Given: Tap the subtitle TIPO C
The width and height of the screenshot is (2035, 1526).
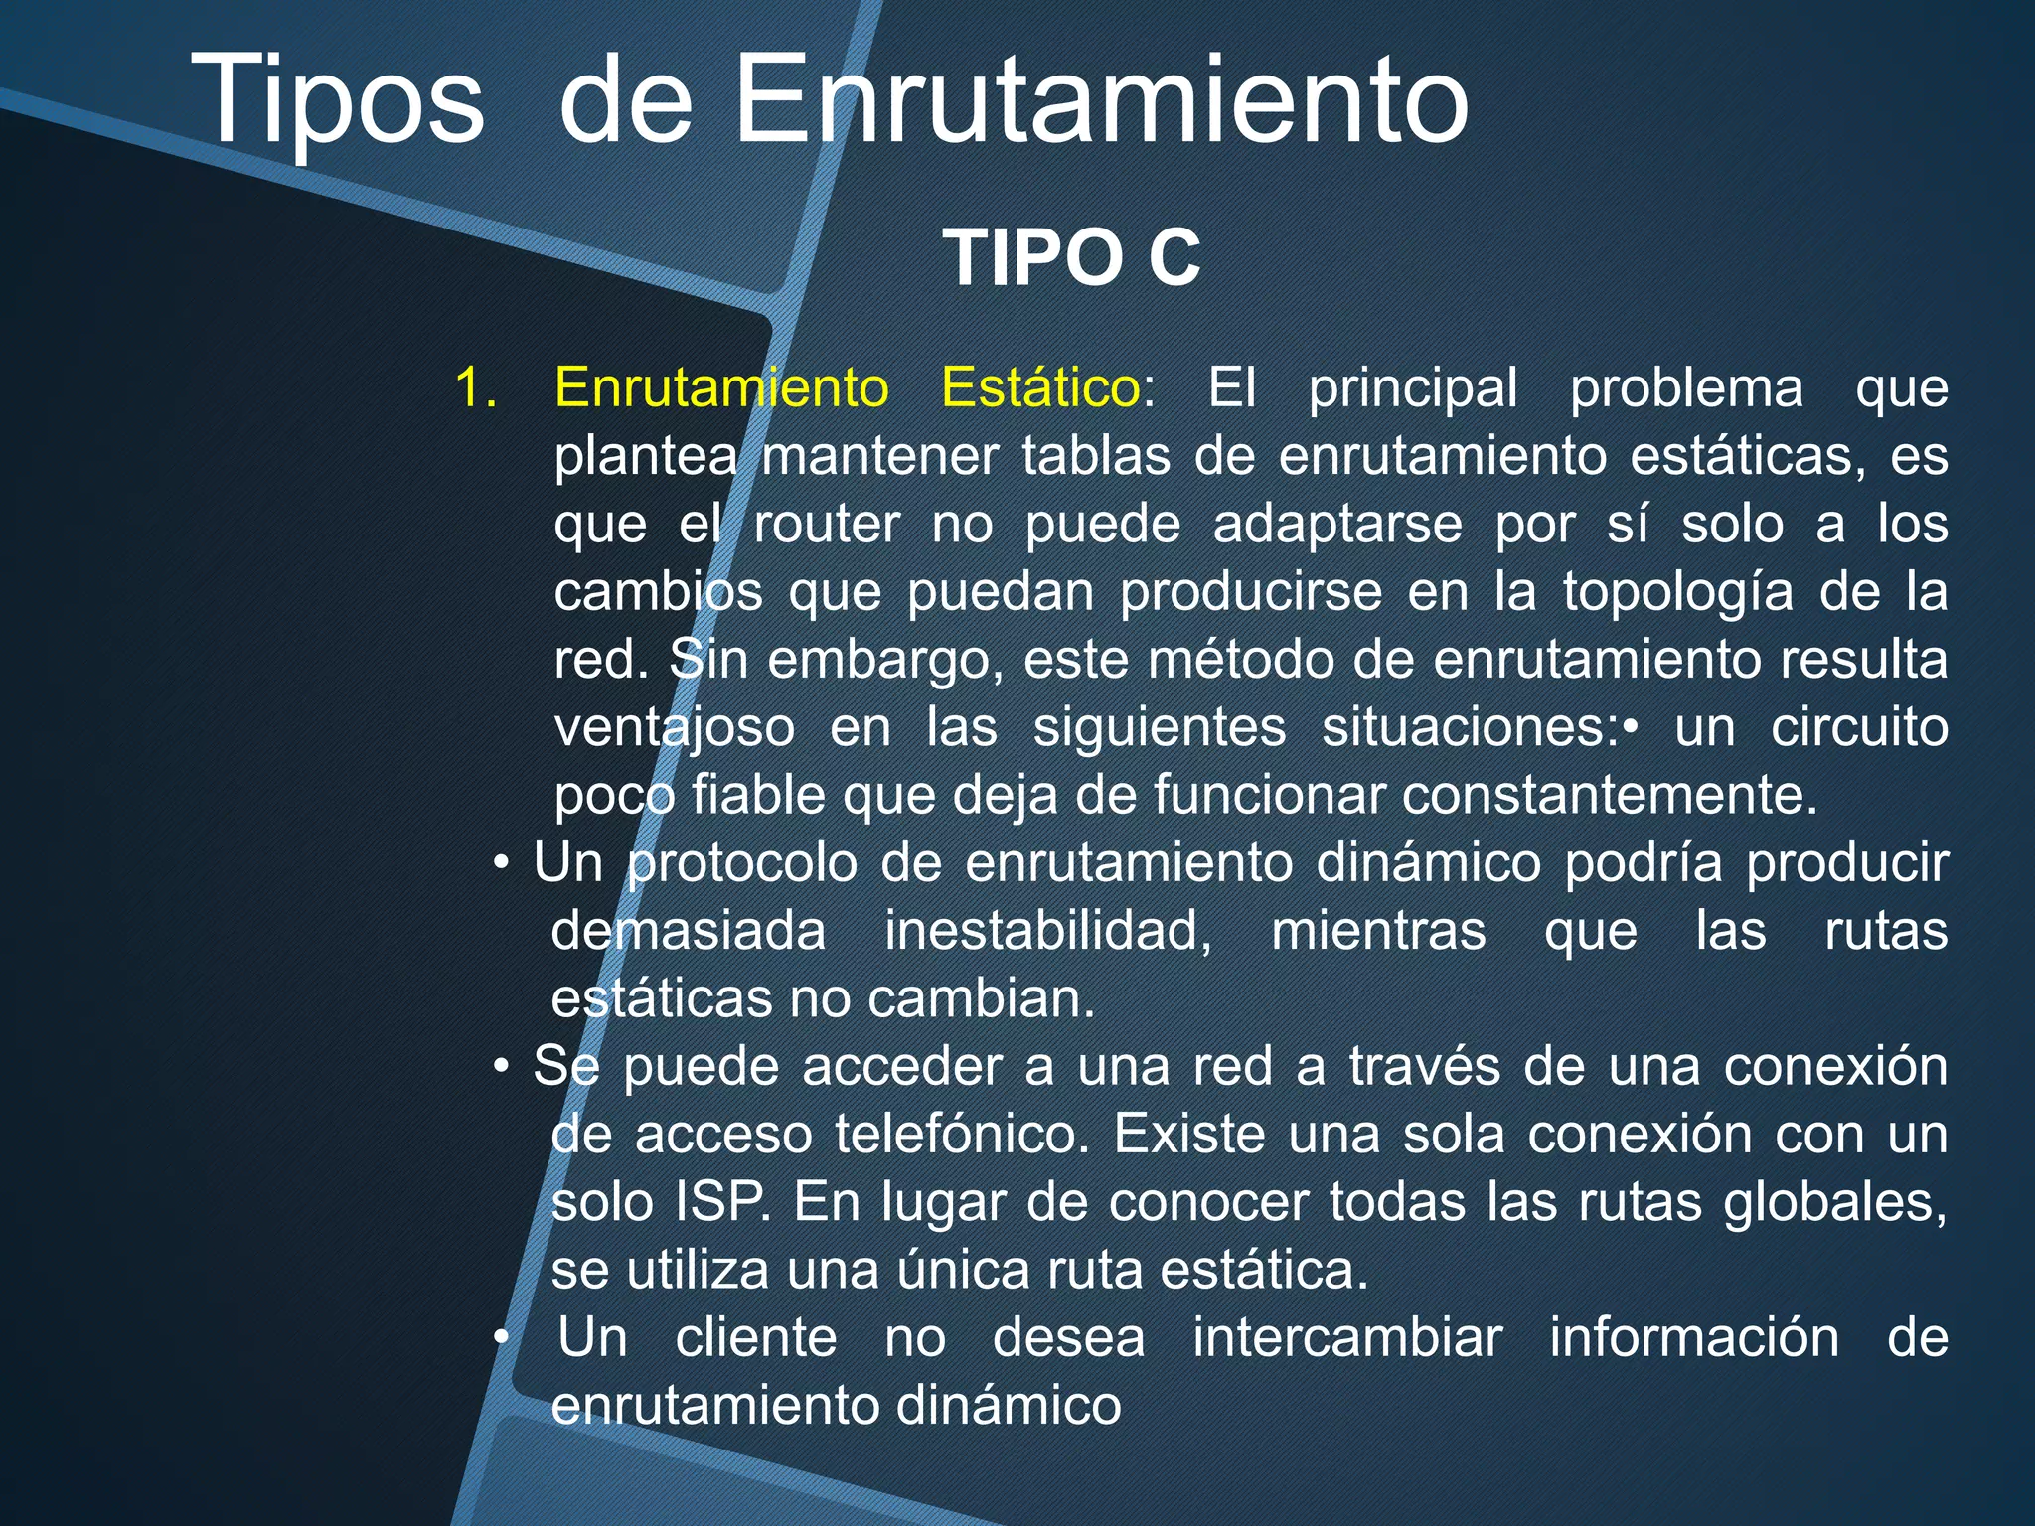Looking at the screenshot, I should [1071, 258].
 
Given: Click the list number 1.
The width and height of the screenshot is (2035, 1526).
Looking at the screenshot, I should [475, 387].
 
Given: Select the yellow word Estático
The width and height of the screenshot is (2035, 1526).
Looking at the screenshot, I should [1039, 387].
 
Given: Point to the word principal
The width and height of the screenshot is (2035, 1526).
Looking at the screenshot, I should [1412, 389].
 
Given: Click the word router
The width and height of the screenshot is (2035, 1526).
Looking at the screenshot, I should [827, 525].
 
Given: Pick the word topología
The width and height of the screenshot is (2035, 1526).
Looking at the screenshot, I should [1677, 594].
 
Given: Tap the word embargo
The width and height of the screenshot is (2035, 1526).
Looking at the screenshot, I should [883, 662].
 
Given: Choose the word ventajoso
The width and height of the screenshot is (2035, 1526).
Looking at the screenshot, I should [675, 729].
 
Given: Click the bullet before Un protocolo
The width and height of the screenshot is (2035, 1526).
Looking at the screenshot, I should [502, 863].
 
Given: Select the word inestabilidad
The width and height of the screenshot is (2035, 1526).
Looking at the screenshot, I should [1048, 932].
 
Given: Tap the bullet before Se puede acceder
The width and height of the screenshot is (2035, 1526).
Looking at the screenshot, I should [502, 1067].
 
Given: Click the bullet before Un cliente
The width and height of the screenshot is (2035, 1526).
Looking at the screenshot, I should [502, 1338].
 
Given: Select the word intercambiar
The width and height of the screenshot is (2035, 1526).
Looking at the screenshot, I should [1346, 1337].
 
